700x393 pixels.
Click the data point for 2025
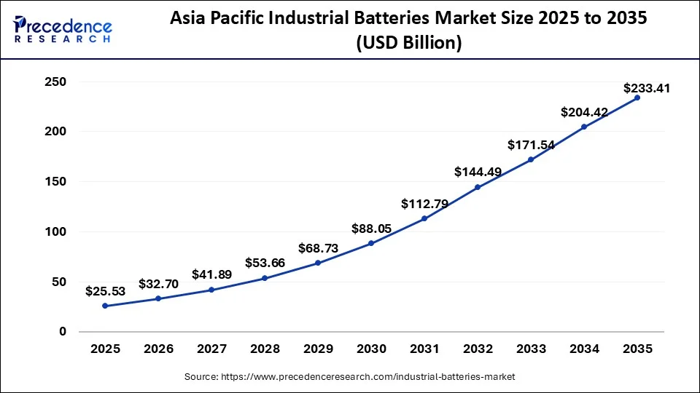(x=105, y=306)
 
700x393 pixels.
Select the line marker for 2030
(x=371, y=243)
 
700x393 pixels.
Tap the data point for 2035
(x=637, y=98)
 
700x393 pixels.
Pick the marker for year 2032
(x=478, y=187)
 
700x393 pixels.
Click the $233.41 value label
(x=647, y=89)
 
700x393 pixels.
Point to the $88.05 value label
(x=371, y=229)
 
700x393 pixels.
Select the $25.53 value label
(x=105, y=291)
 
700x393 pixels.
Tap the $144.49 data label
(x=478, y=172)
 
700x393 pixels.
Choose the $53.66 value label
(x=265, y=263)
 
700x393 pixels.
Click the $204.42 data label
(x=584, y=112)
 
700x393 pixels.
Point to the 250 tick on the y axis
(x=55, y=82)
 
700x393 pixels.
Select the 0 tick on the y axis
(x=62, y=332)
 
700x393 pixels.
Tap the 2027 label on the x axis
(x=211, y=349)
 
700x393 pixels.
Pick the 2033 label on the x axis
(x=531, y=349)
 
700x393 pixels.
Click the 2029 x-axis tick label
(x=318, y=349)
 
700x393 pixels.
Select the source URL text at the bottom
(x=349, y=377)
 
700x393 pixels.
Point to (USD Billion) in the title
(x=408, y=44)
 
